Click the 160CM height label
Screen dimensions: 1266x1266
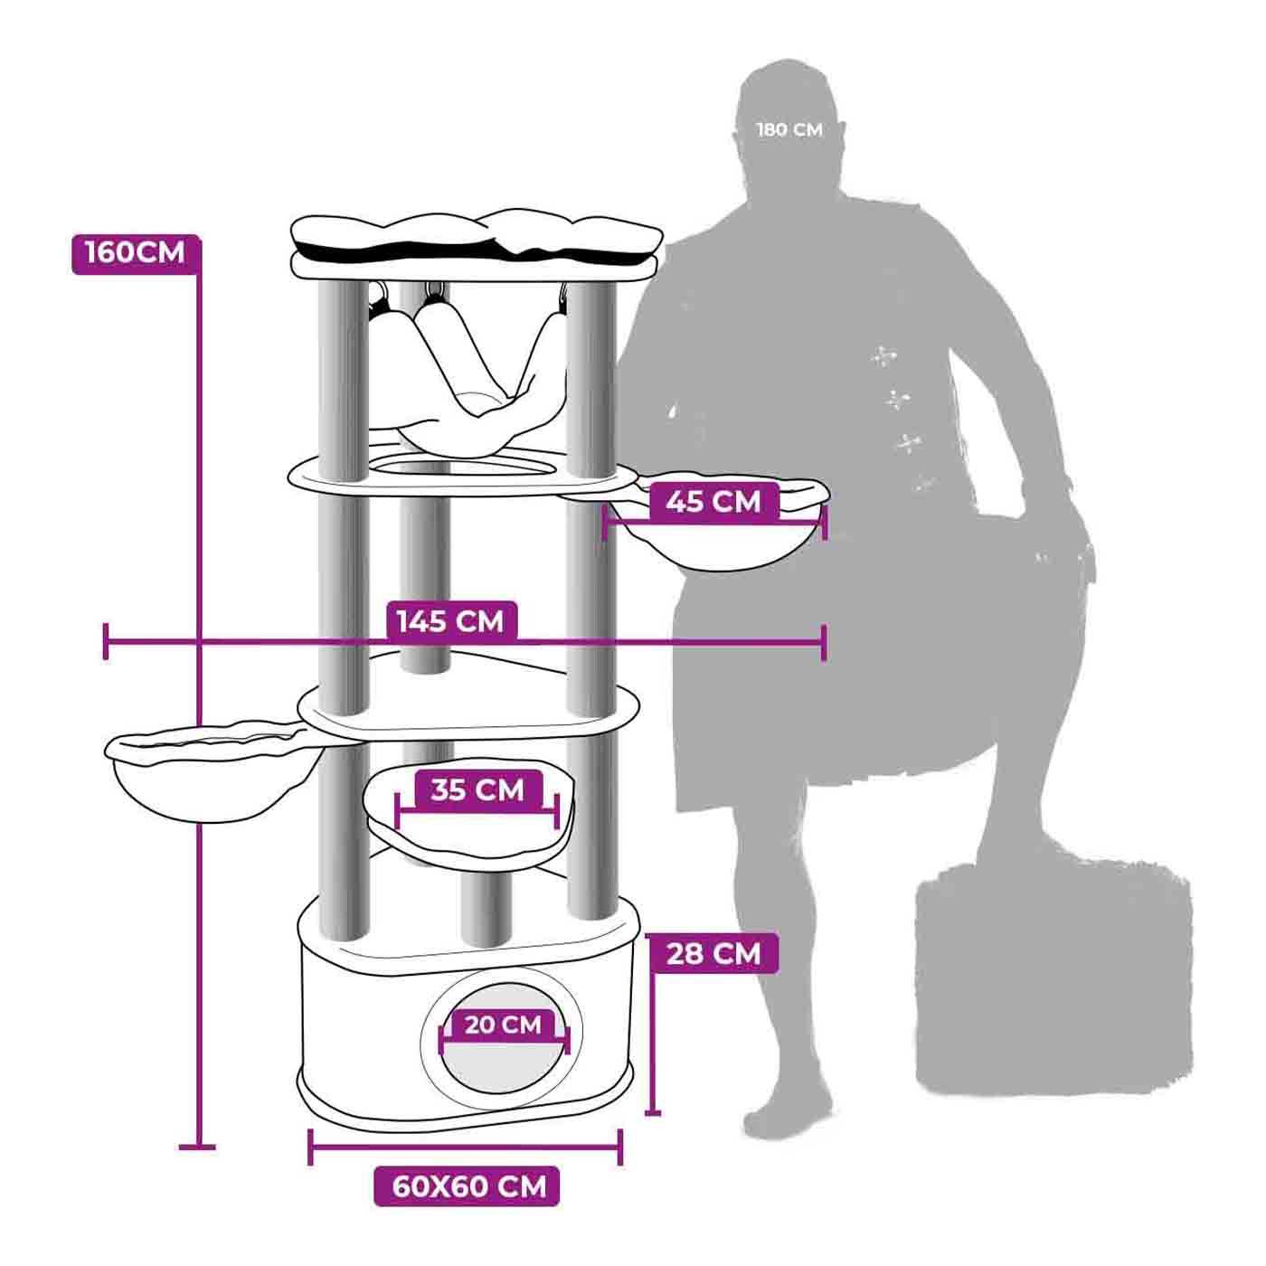(x=136, y=253)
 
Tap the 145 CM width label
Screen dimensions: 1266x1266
(x=450, y=621)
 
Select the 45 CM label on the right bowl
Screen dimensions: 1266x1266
(x=713, y=502)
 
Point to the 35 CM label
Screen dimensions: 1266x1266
(x=477, y=789)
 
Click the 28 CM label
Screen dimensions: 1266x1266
(x=713, y=953)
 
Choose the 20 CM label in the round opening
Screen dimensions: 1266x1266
(x=504, y=1025)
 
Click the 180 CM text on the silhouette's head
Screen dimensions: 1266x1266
(x=789, y=129)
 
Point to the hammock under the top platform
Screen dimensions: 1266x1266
(x=467, y=374)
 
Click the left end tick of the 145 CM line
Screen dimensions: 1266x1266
(x=105, y=641)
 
